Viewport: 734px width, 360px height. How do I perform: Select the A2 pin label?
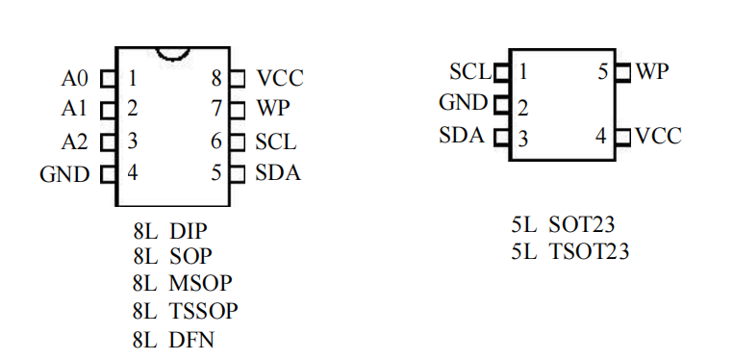coord(75,142)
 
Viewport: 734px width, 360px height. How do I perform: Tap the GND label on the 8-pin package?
coord(64,174)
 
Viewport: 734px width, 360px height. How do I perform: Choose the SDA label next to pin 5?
coord(277,174)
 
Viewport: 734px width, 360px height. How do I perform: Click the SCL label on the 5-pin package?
coord(469,72)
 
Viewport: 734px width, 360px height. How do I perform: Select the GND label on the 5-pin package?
coord(464,102)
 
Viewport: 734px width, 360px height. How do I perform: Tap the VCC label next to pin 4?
coord(658,136)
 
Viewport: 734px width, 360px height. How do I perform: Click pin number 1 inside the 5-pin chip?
coord(522,72)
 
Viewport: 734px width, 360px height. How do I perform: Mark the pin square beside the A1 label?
coord(109,110)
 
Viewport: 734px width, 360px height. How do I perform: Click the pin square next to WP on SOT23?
coord(621,72)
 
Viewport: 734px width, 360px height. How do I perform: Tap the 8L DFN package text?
coord(174,339)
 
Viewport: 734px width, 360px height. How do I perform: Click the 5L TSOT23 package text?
coord(570,252)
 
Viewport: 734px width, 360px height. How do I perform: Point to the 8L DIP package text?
coord(170,231)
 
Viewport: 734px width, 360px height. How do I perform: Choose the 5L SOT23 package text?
coord(563,225)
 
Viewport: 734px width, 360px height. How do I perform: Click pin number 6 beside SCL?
coord(217,142)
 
